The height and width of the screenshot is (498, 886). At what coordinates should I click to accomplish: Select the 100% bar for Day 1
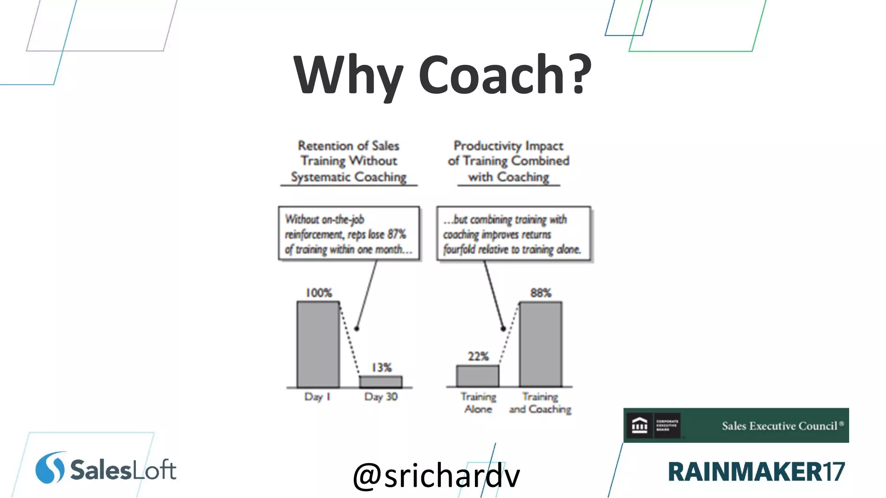coord(318,344)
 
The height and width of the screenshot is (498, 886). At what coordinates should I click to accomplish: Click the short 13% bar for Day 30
coord(381,382)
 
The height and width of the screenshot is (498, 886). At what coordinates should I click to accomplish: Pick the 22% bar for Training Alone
coord(478,376)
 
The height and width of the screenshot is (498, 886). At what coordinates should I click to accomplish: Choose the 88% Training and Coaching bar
coord(540,344)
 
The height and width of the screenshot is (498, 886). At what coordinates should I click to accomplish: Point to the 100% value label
coord(319,293)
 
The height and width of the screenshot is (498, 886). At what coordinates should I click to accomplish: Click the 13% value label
coord(382,367)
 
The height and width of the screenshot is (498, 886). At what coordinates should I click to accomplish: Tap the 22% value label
coord(478,356)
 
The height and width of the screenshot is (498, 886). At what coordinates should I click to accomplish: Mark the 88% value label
coord(541,293)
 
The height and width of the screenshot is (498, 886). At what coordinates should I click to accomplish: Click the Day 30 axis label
coord(381,396)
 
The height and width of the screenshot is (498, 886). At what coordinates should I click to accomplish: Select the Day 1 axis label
coord(317,396)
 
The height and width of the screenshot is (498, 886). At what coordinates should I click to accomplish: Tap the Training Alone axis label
coord(478,402)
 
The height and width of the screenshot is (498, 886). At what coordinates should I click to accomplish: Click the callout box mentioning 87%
coord(349,234)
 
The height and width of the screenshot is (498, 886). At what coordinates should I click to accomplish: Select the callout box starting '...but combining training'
coord(514,234)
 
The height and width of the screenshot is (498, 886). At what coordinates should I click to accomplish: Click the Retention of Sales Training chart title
coord(349,161)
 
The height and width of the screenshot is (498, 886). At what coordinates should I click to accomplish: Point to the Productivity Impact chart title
coord(508,161)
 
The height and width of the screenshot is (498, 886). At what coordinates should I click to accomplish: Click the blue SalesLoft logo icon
coord(50,468)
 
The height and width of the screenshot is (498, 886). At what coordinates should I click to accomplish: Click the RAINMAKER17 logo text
coord(756,471)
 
